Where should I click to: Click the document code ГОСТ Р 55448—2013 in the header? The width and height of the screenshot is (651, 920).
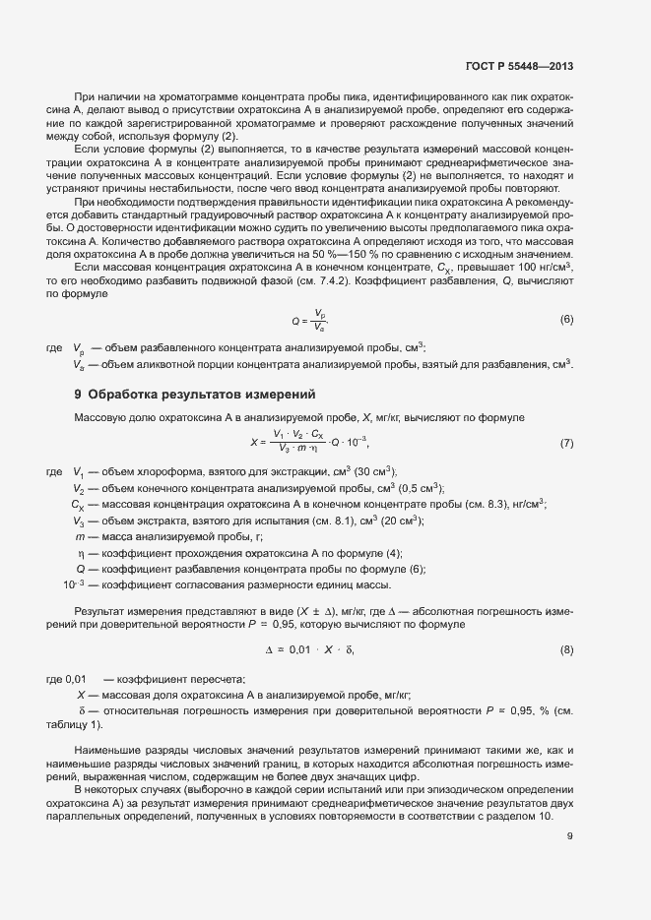click(519, 67)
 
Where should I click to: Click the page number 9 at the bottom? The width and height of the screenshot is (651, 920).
click(570, 836)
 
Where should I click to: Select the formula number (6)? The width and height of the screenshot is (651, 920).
click(566, 320)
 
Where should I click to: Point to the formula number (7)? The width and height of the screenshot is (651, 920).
click(566, 443)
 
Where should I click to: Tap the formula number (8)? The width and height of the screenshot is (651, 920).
click(566, 650)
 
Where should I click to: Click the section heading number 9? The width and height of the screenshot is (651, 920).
click(78, 395)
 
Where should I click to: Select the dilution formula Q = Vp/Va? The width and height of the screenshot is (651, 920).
click(309, 320)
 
